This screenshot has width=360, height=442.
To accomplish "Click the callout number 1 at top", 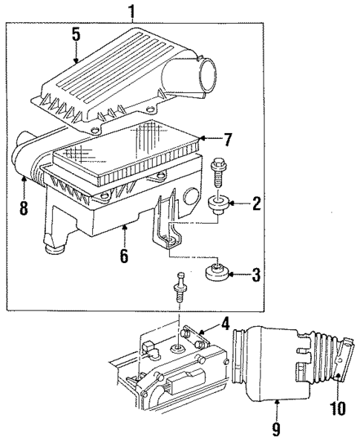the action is pos(131,10).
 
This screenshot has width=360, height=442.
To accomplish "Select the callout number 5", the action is pos(76,35).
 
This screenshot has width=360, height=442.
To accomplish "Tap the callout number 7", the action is pos(227,139).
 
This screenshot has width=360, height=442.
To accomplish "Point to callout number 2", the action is pos(256,203).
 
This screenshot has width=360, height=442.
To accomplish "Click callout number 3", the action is pos(256,274).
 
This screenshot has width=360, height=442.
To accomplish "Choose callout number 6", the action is pos(124,256).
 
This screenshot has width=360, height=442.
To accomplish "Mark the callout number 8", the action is pos(23,208).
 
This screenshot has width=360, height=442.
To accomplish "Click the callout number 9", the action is pos(277,429).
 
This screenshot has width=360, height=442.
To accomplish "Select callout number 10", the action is pos(338,408).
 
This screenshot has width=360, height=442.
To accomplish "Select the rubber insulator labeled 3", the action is pos(217,273).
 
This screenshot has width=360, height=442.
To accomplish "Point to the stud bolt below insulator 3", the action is pos(180,287).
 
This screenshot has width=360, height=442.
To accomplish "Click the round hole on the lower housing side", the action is pos(192,195).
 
